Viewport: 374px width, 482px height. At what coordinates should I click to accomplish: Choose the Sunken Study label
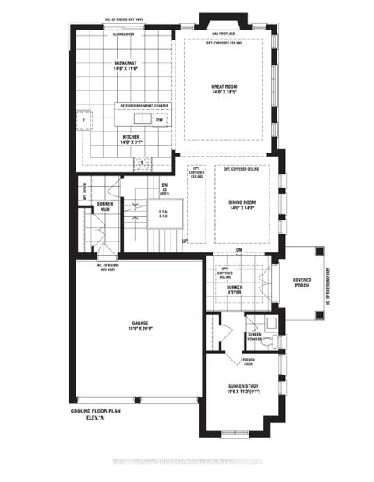(x=244, y=389)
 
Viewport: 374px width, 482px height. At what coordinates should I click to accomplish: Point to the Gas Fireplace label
(x=224, y=34)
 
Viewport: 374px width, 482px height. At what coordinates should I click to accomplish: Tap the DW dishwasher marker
(x=158, y=121)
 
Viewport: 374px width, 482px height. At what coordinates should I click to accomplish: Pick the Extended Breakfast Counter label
(x=141, y=105)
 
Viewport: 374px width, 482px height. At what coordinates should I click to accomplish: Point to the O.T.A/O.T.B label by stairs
(x=165, y=214)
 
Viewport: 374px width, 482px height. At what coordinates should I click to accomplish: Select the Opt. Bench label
(x=84, y=191)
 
